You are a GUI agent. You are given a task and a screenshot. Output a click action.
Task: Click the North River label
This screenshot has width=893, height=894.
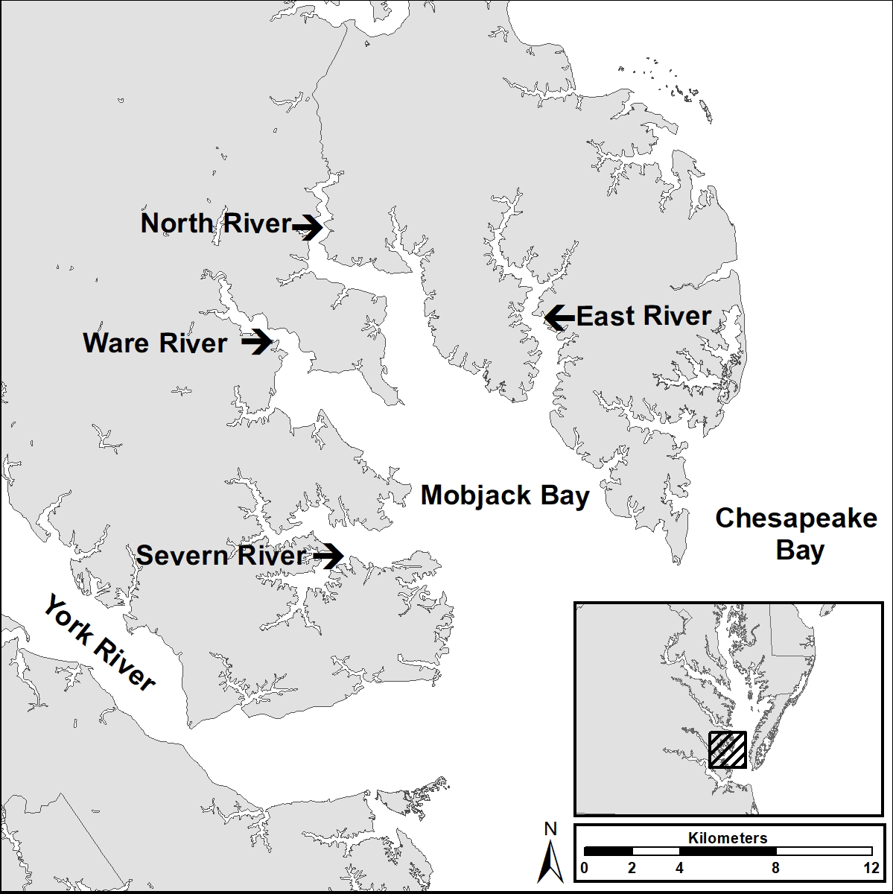tap(215, 223)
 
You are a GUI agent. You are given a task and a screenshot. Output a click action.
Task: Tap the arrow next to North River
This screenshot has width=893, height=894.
tap(307, 225)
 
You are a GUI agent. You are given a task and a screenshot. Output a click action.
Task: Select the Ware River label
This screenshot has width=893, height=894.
tap(155, 343)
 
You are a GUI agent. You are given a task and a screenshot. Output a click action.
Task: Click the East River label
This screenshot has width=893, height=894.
tap(644, 316)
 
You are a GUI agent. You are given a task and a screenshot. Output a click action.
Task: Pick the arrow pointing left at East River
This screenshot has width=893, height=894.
tap(559, 317)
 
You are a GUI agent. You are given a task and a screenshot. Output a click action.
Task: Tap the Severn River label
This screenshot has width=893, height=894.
tap(221, 556)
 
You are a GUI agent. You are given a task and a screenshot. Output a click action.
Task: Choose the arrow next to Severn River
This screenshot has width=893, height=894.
tap(328, 556)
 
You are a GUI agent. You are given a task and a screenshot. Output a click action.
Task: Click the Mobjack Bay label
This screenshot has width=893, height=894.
tap(505, 495)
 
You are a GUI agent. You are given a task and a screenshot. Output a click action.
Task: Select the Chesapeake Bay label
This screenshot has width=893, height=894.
tap(796, 534)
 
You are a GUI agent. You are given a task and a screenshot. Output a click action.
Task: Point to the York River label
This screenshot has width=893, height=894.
tap(99, 642)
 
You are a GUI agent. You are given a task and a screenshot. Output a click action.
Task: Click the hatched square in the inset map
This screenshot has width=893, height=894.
tap(727, 749)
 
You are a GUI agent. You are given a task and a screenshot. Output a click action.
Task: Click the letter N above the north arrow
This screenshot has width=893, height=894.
tap(550, 828)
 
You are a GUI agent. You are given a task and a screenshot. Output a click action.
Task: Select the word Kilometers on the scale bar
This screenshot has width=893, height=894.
tap(727, 838)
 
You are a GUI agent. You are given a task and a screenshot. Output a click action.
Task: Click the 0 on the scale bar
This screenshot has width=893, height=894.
tap(584, 868)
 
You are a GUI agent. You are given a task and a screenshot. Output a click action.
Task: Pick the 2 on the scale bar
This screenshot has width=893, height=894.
tap(632, 868)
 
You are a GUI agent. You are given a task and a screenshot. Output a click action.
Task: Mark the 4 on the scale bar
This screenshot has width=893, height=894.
tap(679, 868)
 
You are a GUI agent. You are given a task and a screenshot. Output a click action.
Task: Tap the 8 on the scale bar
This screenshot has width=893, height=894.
tap(775, 868)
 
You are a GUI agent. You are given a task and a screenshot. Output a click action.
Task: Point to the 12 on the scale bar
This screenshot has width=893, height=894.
tap(871, 868)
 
